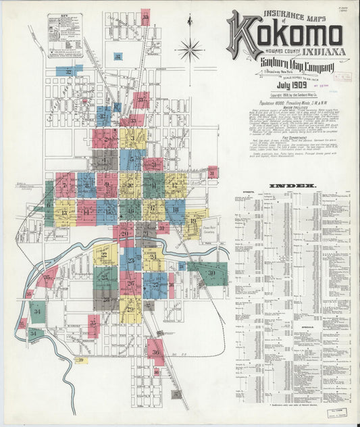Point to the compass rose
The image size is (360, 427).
[x=190, y=49]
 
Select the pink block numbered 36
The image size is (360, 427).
[x=156, y=351]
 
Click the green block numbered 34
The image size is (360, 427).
[x=38, y=311]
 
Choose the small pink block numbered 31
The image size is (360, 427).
[x=213, y=172]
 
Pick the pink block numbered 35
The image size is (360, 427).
[x=94, y=326]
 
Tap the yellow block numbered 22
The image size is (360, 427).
[x=105, y=254]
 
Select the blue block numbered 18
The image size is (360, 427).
[x=175, y=211]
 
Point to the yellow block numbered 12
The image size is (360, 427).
[x=175, y=184]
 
